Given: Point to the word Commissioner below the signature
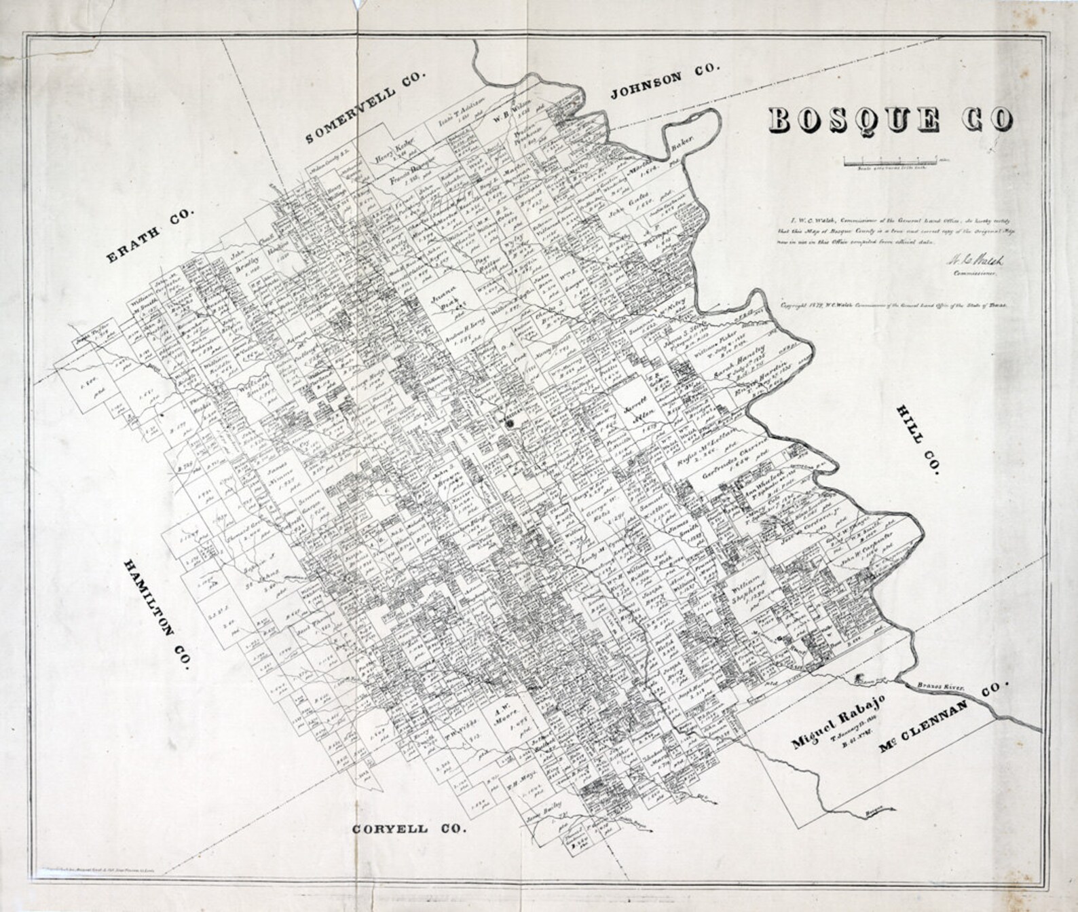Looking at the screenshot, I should coord(975,274).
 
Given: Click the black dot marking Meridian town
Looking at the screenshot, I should coord(510,422).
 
